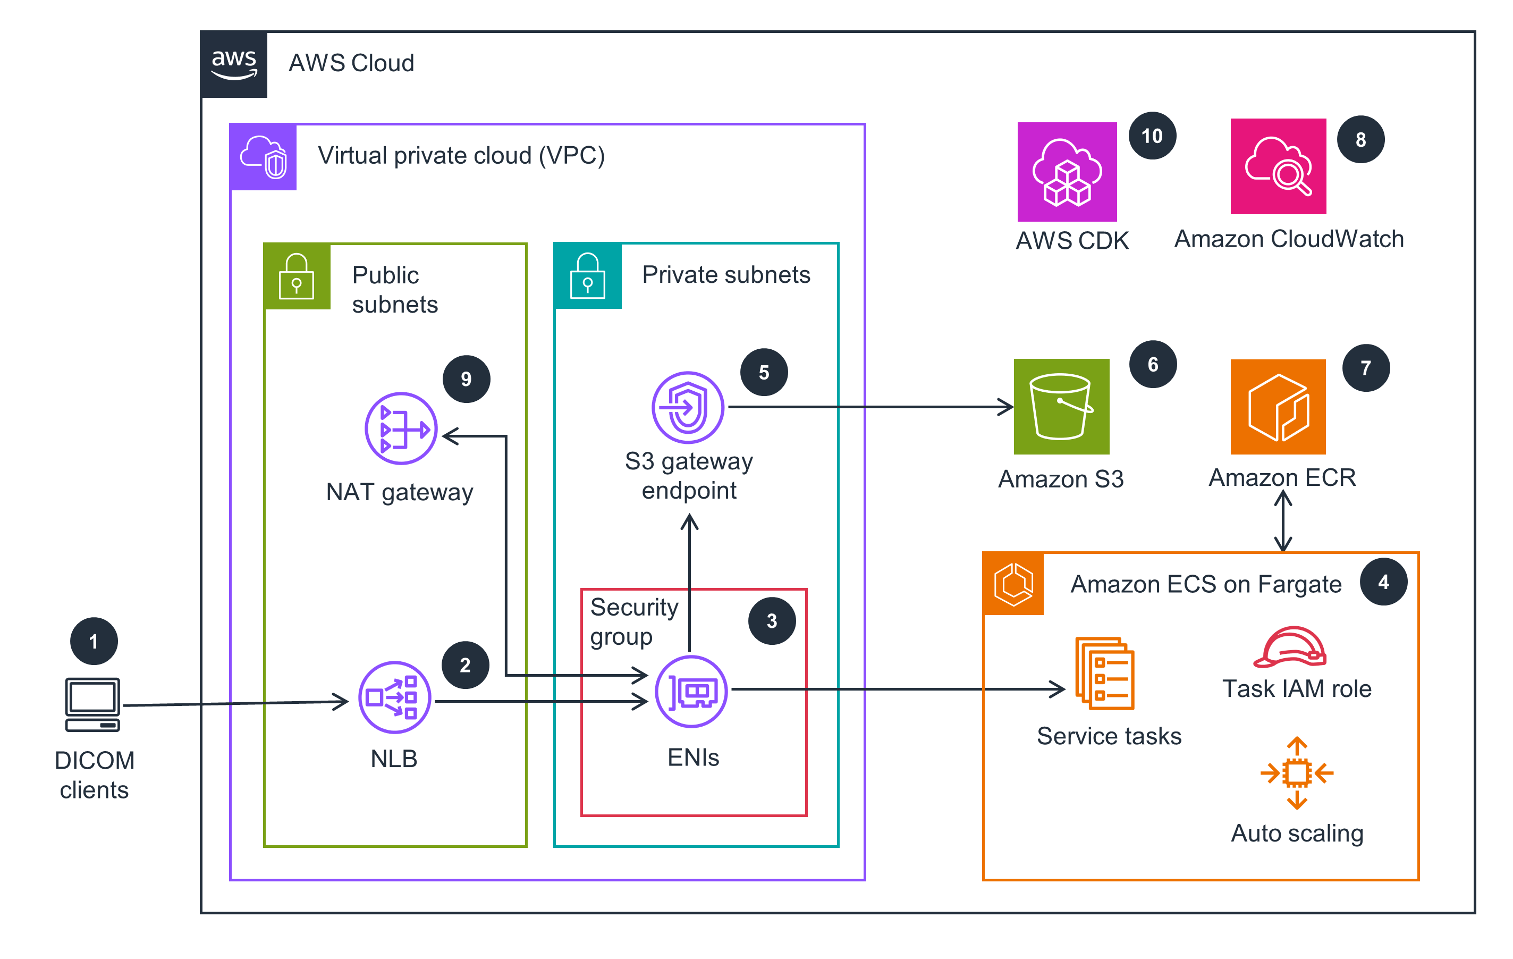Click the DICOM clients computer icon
tap(92, 704)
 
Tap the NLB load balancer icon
tap(394, 697)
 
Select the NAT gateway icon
tap(401, 428)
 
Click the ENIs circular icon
tap(691, 691)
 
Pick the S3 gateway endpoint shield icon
tap(688, 407)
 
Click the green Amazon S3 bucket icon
tap(1061, 407)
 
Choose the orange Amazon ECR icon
tap(1278, 407)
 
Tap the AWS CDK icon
tap(1067, 172)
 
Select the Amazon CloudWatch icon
tap(1278, 166)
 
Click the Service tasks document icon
tap(1104, 673)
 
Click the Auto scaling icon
tap(1297, 773)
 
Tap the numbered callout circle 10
tap(1152, 136)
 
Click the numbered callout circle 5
tap(764, 372)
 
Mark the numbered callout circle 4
tap(1383, 582)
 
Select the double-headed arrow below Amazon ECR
tap(1283, 521)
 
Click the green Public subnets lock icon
tap(297, 276)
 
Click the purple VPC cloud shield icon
tap(263, 157)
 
